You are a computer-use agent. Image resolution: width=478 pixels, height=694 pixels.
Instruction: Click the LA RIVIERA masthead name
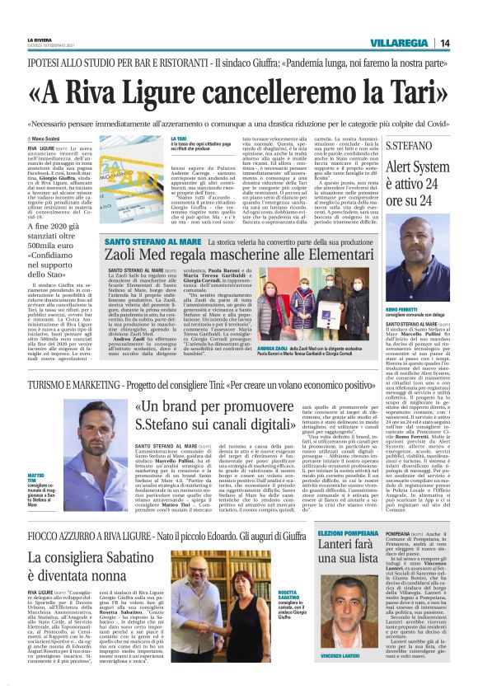click(40, 39)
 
